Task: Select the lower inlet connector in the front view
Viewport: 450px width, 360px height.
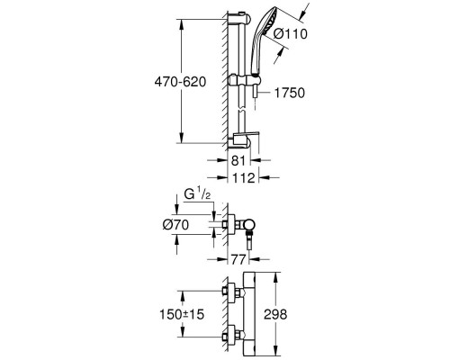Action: click(x=228, y=335)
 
